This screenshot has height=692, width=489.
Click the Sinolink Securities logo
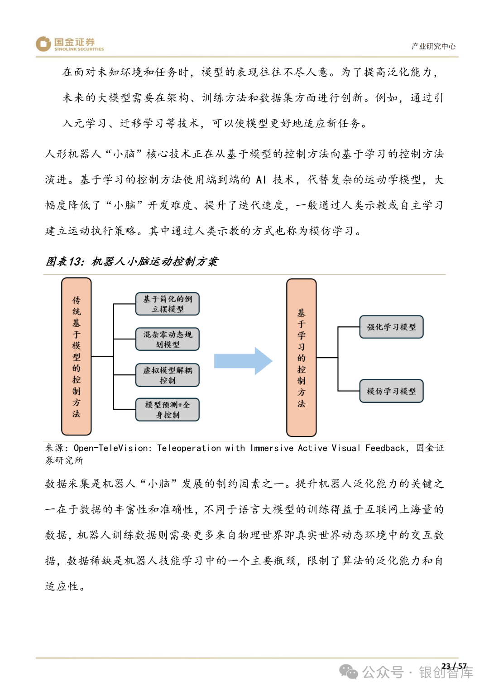70,44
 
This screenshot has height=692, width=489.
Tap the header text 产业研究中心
433,46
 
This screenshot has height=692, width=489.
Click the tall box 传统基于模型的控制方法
77,357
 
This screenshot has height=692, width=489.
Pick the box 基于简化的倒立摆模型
168,304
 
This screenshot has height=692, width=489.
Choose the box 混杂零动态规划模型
168,339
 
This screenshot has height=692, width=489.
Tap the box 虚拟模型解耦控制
168,375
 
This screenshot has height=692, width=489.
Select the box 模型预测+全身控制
168,410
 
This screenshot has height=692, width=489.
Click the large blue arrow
243,361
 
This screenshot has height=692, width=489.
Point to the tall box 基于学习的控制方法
302,358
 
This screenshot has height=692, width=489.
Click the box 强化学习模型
391,327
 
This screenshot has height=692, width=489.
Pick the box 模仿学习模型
391,391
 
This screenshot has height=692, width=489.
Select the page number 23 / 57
454,666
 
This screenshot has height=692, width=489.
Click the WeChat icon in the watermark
349,672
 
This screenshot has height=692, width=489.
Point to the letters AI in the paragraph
261,180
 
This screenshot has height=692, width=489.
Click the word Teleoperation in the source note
189,448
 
